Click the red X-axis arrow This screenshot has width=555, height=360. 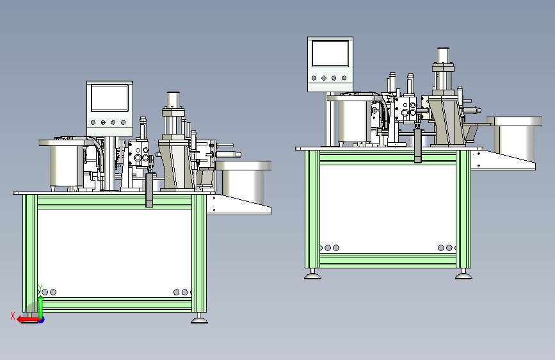[x=28, y=320]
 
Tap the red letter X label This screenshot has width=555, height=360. [x=13, y=316]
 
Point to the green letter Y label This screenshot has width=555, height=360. [x=40, y=288]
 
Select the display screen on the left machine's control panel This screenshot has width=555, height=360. [x=109, y=98]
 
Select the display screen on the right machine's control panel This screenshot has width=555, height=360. [x=330, y=53]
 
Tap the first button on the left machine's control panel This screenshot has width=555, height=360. [x=93, y=122]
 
